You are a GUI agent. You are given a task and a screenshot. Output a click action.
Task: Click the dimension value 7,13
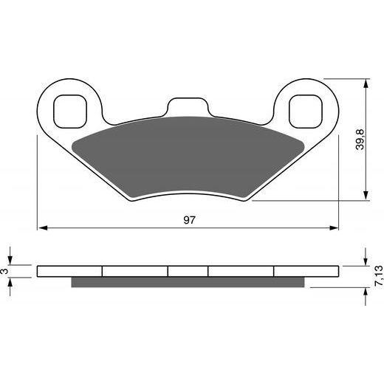378,275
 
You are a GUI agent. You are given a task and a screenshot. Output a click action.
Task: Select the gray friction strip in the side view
188,282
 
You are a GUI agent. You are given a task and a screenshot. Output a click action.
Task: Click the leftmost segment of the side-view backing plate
70,271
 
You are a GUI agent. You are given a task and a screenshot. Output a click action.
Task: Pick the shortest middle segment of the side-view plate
188,271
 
